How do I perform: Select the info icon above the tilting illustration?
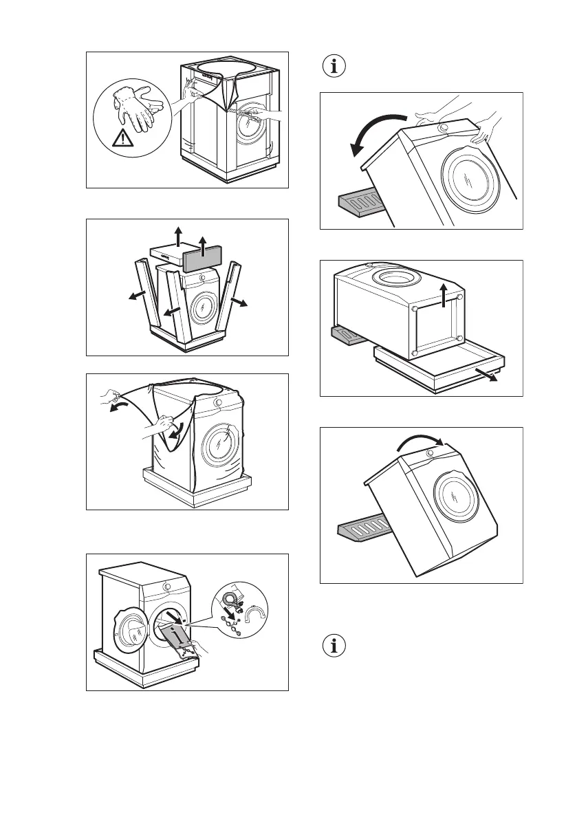(x=335, y=67)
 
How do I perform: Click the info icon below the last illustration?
(x=335, y=646)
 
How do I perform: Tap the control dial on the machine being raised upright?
(x=430, y=455)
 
